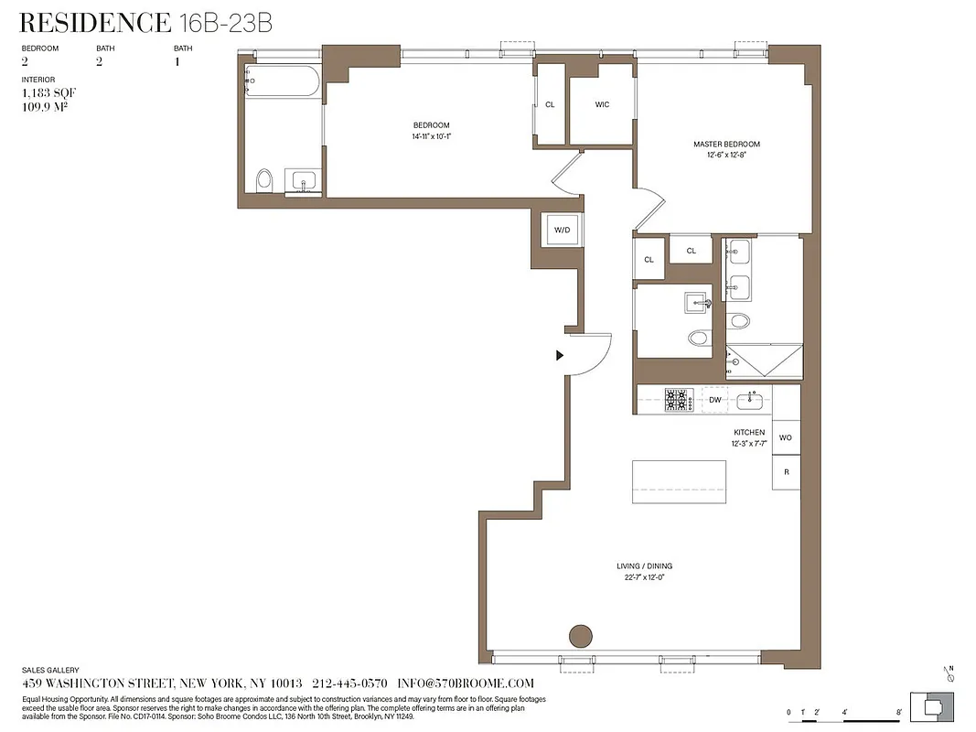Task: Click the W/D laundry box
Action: point(562,230)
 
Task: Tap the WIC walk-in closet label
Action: point(602,104)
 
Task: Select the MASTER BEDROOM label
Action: point(726,144)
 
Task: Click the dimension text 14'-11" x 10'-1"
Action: point(431,136)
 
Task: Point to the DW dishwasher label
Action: point(715,400)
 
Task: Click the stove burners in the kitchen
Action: point(678,400)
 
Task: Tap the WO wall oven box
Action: point(786,437)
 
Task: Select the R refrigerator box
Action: point(786,471)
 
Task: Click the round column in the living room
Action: point(580,635)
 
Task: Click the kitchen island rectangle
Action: point(679,481)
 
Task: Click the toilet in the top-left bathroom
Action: point(265,179)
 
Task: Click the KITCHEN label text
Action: point(748,432)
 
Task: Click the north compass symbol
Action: point(951,676)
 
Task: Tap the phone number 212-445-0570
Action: point(349,684)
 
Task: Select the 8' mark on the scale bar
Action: point(900,711)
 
